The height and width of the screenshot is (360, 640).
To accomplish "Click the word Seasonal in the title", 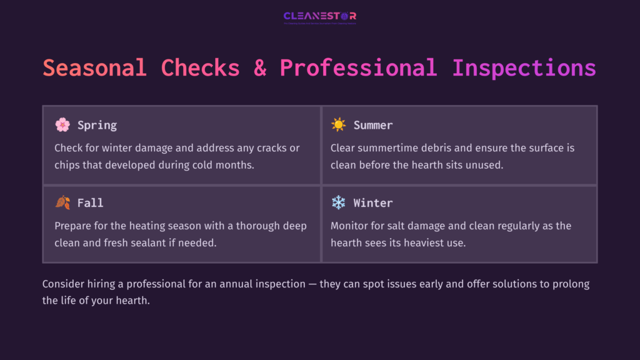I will click(94, 67).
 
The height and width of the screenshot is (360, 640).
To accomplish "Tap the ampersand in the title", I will click(259, 67).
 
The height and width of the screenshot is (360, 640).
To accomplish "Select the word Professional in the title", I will click(358, 67).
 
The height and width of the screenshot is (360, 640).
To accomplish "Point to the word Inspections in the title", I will click(524, 67).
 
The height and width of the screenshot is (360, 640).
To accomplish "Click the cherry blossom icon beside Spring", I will click(62, 125).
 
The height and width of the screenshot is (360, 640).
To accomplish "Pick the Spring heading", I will click(97, 125).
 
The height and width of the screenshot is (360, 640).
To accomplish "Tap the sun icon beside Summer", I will click(339, 125).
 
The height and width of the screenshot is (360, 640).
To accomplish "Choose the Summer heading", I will click(373, 125).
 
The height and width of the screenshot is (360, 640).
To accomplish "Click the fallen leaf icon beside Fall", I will click(62, 203).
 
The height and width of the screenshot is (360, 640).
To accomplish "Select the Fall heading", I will click(91, 203).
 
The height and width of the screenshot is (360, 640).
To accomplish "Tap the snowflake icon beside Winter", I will click(339, 203).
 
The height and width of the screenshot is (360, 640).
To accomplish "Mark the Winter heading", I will click(373, 203).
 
